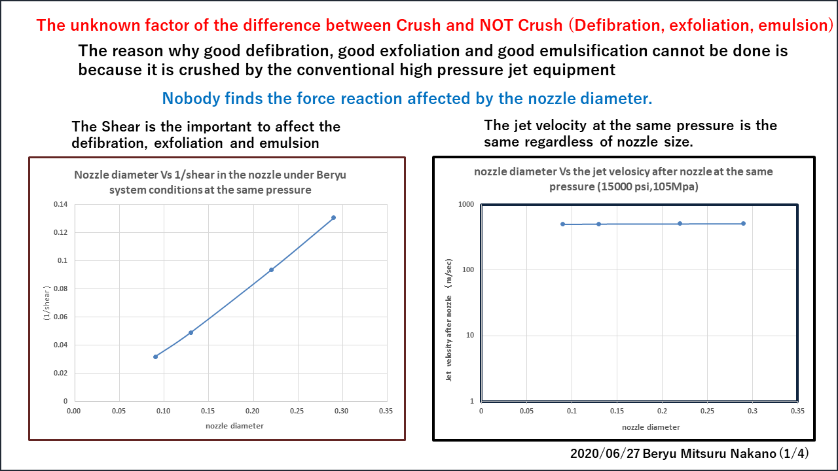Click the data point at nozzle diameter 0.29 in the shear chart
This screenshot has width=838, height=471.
pos(333,217)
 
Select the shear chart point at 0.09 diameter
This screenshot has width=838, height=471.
pos(155,357)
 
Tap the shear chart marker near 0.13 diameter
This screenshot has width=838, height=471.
pos(191,332)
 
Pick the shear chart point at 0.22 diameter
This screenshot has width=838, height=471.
pos(271,270)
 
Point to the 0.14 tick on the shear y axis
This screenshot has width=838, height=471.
pos(61,204)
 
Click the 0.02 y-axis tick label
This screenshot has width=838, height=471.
pos(61,373)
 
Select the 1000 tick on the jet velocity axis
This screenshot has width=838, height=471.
pos(465,205)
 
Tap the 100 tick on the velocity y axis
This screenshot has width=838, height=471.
pos(467,270)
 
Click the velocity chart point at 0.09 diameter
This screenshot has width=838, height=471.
pos(562,224)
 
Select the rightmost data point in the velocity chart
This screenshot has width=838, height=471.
pos(743,224)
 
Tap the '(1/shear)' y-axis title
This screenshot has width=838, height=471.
pos(47,303)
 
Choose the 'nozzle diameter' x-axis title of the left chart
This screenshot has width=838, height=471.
pos(234,426)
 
